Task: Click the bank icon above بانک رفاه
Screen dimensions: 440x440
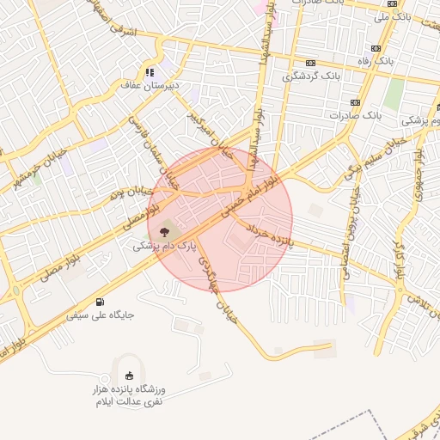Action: click(x=376, y=48)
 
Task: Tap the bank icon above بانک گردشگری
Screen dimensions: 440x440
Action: click(x=310, y=63)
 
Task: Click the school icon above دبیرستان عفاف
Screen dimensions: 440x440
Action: click(x=150, y=72)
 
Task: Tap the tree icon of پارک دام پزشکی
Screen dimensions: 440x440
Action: click(x=163, y=230)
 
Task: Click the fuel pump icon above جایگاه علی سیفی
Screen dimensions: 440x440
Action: click(x=101, y=302)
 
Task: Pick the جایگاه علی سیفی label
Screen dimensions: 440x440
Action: click(x=101, y=315)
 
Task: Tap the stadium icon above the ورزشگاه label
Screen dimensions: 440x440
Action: click(x=130, y=375)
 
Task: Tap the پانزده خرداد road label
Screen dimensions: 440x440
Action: click(x=272, y=237)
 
